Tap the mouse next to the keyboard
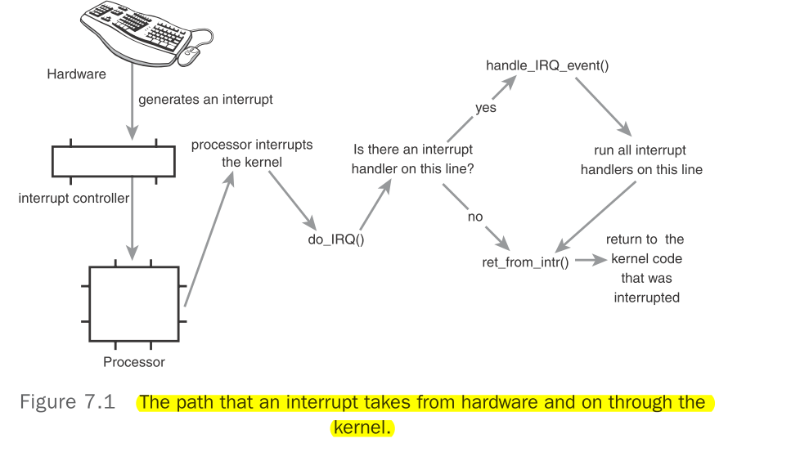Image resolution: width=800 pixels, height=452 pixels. (190, 56)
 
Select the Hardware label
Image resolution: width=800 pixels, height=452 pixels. (76, 74)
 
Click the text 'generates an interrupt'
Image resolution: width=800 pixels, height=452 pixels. (205, 100)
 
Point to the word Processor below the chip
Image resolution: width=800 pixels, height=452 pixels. (134, 362)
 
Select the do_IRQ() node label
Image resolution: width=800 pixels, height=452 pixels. (336, 241)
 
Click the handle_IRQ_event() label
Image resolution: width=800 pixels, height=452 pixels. (547, 65)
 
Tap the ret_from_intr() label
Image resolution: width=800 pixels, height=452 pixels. (525, 263)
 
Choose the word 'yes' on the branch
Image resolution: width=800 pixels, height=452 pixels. (486, 108)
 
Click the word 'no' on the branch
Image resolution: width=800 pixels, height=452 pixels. (475, 217)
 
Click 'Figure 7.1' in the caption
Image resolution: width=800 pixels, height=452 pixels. (67, 403)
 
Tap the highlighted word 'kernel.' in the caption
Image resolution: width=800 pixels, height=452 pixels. (362, 427)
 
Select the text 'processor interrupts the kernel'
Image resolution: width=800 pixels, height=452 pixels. (252, 153)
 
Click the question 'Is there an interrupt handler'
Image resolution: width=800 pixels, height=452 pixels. (412, 159)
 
